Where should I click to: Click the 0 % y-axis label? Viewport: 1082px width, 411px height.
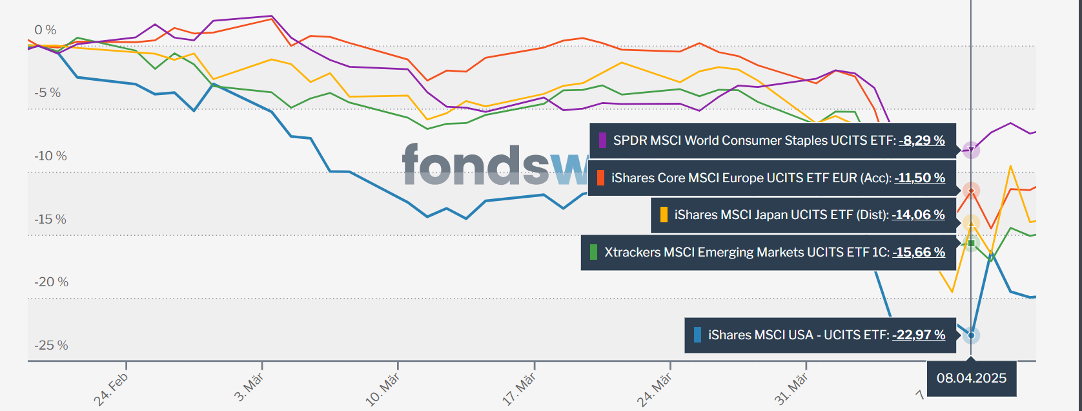pyautogui.click(x=45, y=30)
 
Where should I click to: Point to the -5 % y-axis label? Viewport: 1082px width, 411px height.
pyautogui.click(x=47, y=93)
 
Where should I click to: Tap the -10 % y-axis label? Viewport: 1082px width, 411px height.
pyautogui.click(x=50, y=156)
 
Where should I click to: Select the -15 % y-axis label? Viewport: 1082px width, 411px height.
pyautogui.click(x=50, y=220)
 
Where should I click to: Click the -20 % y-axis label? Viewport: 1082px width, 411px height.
pyautogui.click(x=51, y=282)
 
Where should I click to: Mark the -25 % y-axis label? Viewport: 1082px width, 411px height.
pyautogui.click(x=51, y=346)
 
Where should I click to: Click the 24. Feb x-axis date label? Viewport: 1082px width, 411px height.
pyautogui.click(x=112, y=390)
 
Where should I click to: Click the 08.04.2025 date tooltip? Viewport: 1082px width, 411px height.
pyautogui.click(x=971, y=378)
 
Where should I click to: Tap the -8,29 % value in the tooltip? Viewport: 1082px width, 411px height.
pyautogui.click(x=921, y=140)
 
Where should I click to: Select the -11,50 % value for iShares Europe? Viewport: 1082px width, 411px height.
pyautogui.click(x=919, y=178)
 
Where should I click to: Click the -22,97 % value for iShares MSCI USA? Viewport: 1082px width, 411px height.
pyautogui.click(x=919, y=335)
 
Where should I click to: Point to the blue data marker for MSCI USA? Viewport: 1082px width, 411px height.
pyautogui.click(x=971, y=335)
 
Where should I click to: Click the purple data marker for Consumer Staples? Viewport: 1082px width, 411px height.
pyautogui.click(x=971, y=151)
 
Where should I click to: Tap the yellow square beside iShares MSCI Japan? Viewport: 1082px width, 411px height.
pyautogui.click(x=664, y=215)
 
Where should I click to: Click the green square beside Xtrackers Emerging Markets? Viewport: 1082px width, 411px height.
pyautogui.click(x=593, y=252)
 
